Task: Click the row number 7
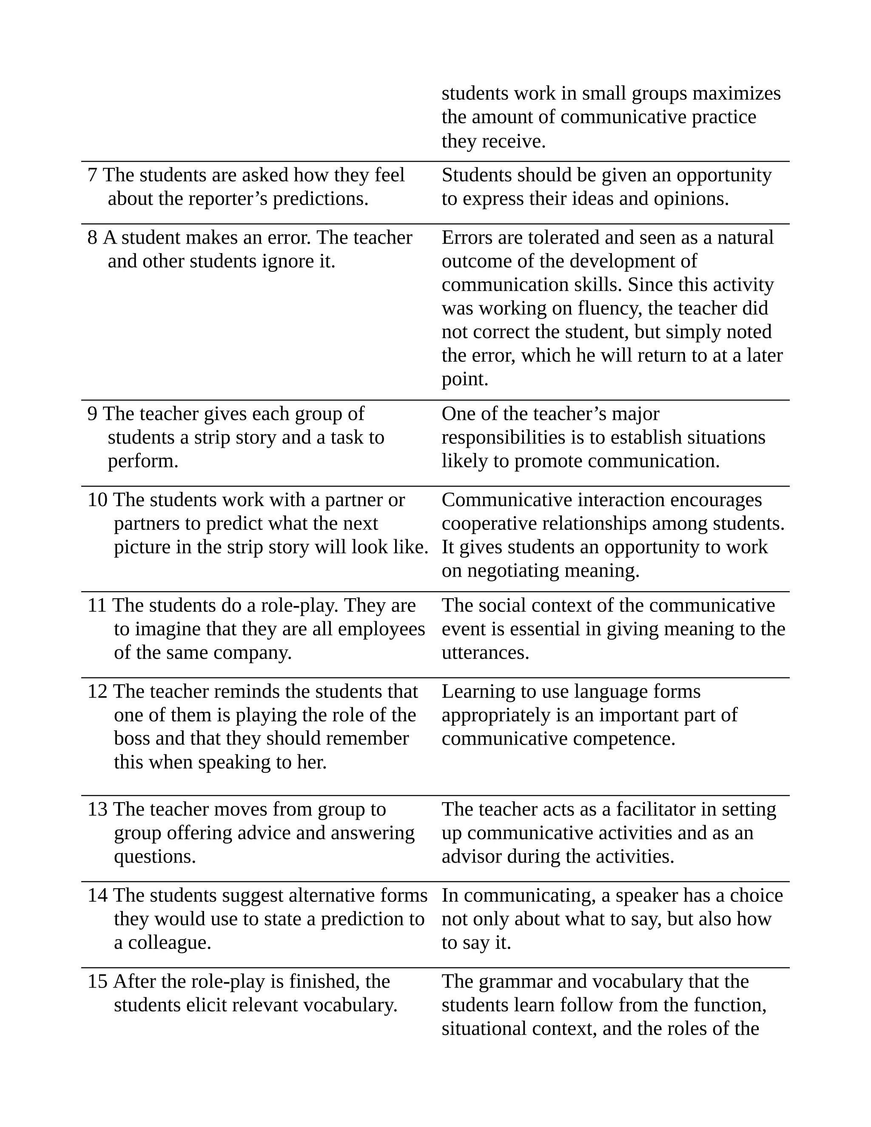(x=92, y=176)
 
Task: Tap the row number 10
(x=97, y=500)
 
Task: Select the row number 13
(x=97, y=809)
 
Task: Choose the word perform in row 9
(x=142, y=461)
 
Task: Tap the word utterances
(x=485, y=653)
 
